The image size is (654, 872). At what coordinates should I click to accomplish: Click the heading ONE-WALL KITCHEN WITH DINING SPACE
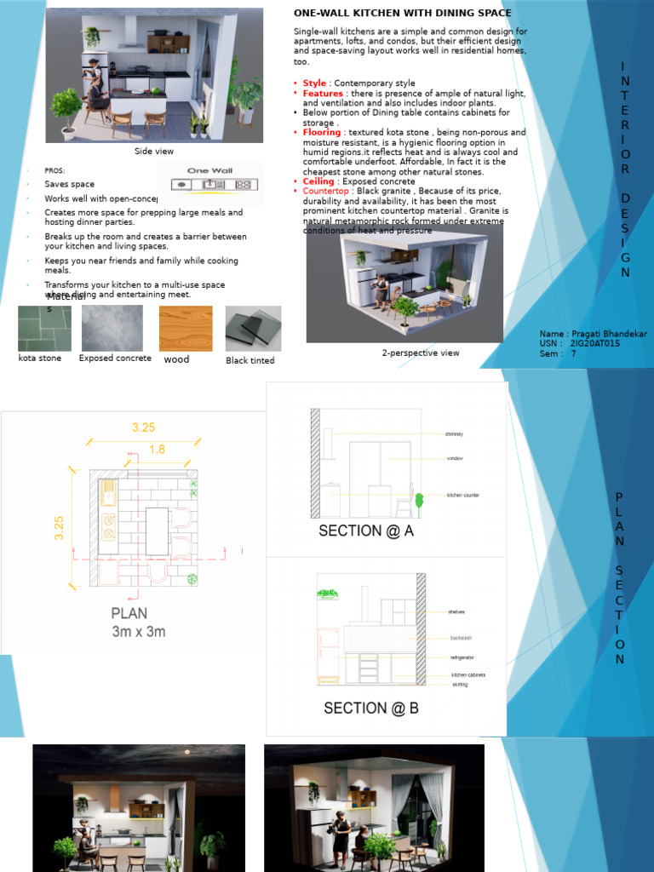point(402,14)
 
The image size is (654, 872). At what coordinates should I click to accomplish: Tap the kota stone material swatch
point(44,328)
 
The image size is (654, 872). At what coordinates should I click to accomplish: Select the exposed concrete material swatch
point(112,328)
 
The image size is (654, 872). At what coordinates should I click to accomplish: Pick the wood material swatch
point(186,328)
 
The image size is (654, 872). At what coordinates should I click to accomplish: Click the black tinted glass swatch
point(253,329)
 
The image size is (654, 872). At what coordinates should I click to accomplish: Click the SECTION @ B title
point(370,708)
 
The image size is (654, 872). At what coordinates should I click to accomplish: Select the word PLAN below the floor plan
point(129,613)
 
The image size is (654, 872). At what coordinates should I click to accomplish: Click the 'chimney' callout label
point(454,434)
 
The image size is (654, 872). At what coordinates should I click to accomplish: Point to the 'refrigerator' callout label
point(462,657)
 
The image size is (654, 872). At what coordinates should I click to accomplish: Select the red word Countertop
point(326,192)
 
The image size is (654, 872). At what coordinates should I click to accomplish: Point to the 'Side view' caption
point(153,152)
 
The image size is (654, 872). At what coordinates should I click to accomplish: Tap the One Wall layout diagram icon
point(209,184)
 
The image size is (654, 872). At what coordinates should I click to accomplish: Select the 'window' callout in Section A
point(455,459)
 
